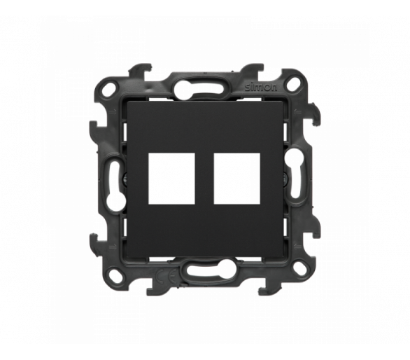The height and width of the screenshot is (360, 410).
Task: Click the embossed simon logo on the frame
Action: pyautogui.click(x=261, y=88)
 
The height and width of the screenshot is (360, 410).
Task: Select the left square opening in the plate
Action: pyautogui.click(x=171, y=179)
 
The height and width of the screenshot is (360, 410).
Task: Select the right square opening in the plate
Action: pyautogui.click(x=237, y=179)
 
